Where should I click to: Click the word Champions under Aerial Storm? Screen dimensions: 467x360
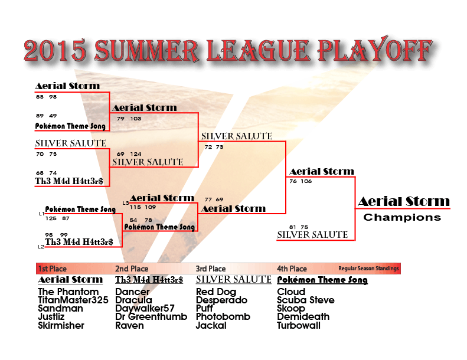point(402,217)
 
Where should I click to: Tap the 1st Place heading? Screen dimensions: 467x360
point(53,269)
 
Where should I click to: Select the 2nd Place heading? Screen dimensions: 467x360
point(132,269)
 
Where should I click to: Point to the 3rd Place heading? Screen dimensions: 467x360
point(211,269)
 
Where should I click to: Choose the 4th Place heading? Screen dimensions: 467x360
point(292,269)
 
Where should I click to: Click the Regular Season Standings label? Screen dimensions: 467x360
point(368,269)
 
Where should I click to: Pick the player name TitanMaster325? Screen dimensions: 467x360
point(73,300)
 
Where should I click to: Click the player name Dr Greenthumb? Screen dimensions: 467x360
point(151,316)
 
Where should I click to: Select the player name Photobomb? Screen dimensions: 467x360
point(223,316)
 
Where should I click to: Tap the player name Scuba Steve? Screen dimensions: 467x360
point(306,300)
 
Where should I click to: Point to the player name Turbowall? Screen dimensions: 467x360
point(299,325)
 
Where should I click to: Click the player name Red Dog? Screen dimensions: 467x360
point(216,292)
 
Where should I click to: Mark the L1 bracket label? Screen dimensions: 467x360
point(41,214)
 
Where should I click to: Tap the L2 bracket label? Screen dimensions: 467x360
point(41,247)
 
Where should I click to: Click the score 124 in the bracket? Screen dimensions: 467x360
point(136,154)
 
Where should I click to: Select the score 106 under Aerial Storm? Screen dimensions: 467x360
point(306,181)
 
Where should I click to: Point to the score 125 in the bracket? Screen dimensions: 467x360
point(51,218)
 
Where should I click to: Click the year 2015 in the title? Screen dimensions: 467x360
point(55,50)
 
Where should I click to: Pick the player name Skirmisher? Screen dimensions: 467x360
point(61,325)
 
